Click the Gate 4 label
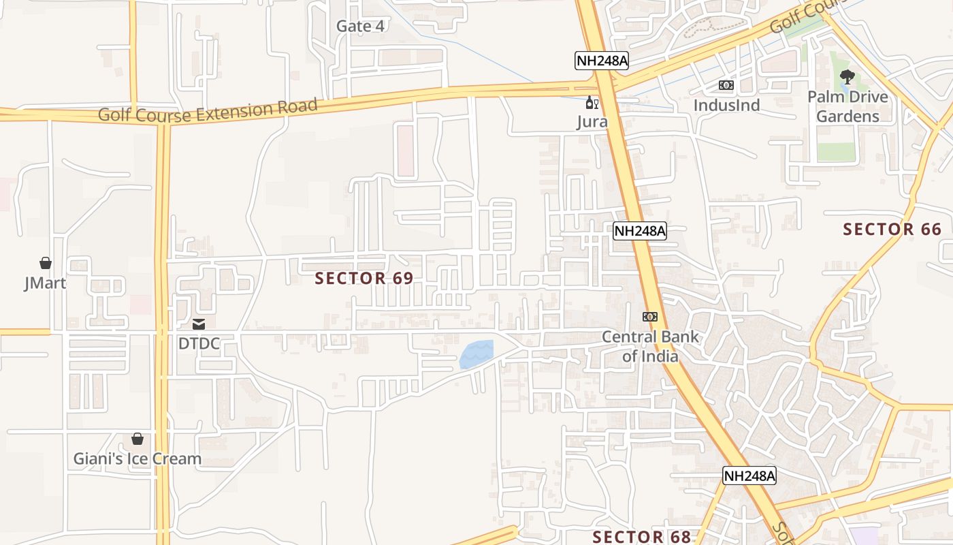[360, 27]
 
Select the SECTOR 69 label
[364, 278]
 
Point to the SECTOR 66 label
[892, 230]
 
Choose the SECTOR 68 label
[641, 537]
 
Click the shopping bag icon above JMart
[46, 263]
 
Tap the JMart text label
[45, 283]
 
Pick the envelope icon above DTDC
[199, 324]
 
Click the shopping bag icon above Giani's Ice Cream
[138, 439]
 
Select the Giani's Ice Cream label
[138, 458]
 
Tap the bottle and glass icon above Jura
[592, 104]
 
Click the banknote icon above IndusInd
[726, 85]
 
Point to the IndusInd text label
[726, 106]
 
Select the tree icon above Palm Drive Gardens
[847, 77]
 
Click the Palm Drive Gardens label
[847, 106]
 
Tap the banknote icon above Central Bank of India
[650, 317]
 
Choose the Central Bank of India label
[650, 346]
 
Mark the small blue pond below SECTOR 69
[476, 354]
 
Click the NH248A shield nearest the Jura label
[601, 61]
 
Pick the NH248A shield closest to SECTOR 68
[749, 476]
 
